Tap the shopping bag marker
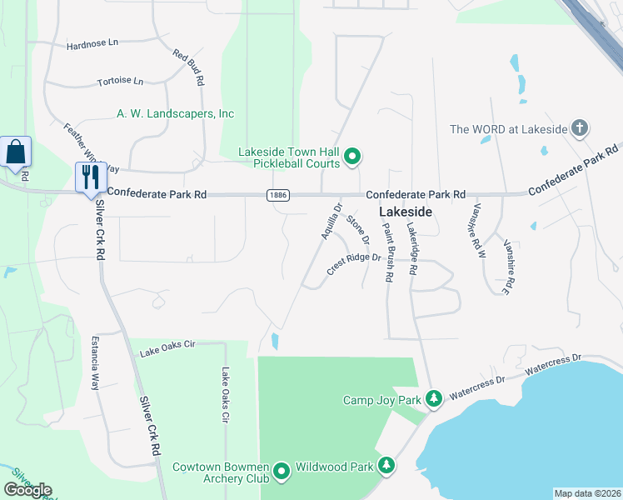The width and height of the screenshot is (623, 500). click(x=16, y=152)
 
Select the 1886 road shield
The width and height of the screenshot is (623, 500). click(x=279, y=194)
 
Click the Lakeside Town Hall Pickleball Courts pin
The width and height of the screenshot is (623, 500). click(x=352, y=156)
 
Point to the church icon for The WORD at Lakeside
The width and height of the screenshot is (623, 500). click(x=581, y=128)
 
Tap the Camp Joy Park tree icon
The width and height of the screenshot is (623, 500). click(x=433, y=400)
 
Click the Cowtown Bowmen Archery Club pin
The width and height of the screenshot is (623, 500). click(x=282, y=472)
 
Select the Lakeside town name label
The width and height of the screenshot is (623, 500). click(x=406, y=212)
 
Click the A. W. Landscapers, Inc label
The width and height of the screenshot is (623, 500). click(x=175, y=113)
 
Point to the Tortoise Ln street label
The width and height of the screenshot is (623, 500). click(x=121, y=82)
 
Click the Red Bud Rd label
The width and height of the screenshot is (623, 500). click(x=189, y=67)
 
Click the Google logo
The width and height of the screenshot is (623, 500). click(x=28, y=489)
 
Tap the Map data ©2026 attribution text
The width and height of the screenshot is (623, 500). click(x=587, y=493)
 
